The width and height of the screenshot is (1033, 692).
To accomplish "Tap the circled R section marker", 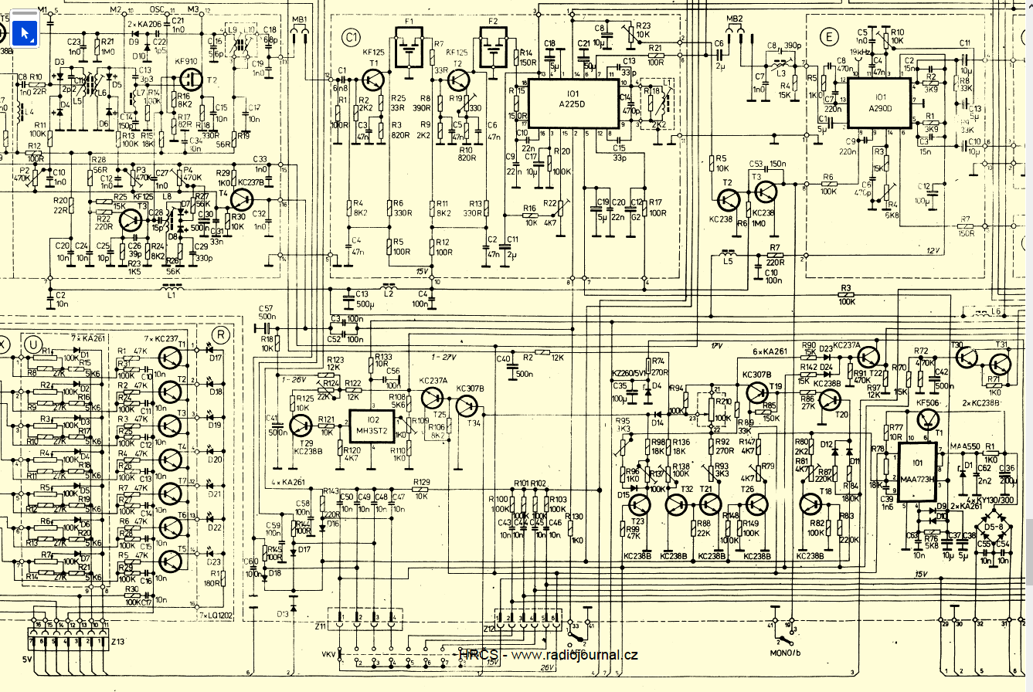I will point(221,334).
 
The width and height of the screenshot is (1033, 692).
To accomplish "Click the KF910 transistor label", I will point(188,59).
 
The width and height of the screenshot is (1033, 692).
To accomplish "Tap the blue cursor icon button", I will point(25,32).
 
